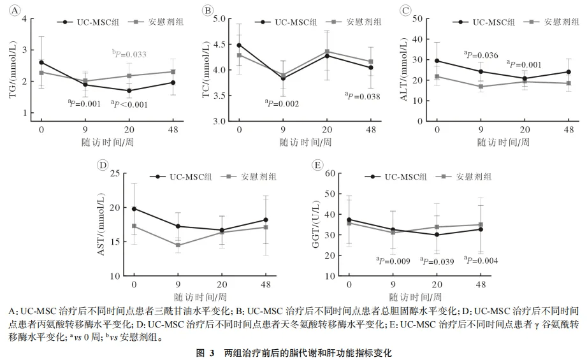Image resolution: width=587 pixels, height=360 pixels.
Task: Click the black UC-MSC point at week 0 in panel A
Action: (41, 62)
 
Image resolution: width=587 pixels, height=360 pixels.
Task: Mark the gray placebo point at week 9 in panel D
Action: (178, 245)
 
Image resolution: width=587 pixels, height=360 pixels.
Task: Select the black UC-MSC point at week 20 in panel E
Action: (437, 234)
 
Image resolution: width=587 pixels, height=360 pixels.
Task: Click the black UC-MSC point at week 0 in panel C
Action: (437, 61)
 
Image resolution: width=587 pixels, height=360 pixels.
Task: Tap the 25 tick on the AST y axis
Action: (114, 173)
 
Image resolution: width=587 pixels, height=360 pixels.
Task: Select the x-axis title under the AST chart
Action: (199, 296)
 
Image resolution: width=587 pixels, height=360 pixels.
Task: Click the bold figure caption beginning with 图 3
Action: (293, 352)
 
